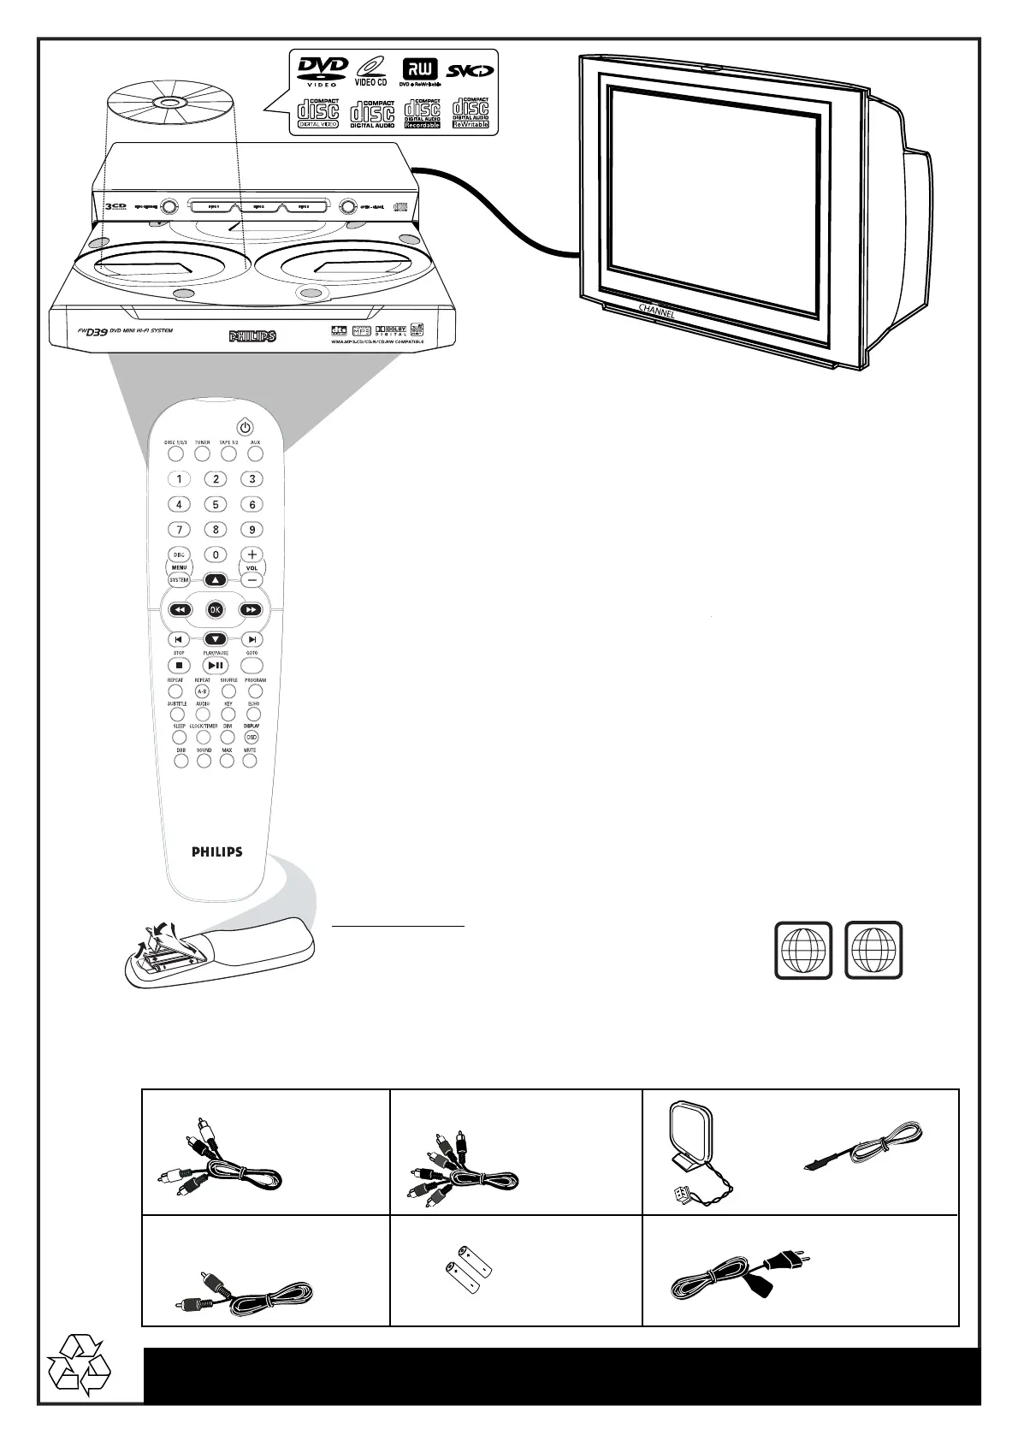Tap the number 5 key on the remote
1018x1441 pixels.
point(216,505)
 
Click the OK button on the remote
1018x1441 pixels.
point(215,610)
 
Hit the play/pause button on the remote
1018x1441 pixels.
point(216,665)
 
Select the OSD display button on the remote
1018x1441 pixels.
point(252,737)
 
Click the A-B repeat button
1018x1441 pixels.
point(202,691)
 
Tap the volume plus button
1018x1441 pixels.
point(252,554)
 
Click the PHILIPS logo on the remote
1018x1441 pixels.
point(216,852)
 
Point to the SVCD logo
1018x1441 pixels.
point(469,68)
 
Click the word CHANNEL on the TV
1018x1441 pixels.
point(657,311)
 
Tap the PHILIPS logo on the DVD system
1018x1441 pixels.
point(252,336)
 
